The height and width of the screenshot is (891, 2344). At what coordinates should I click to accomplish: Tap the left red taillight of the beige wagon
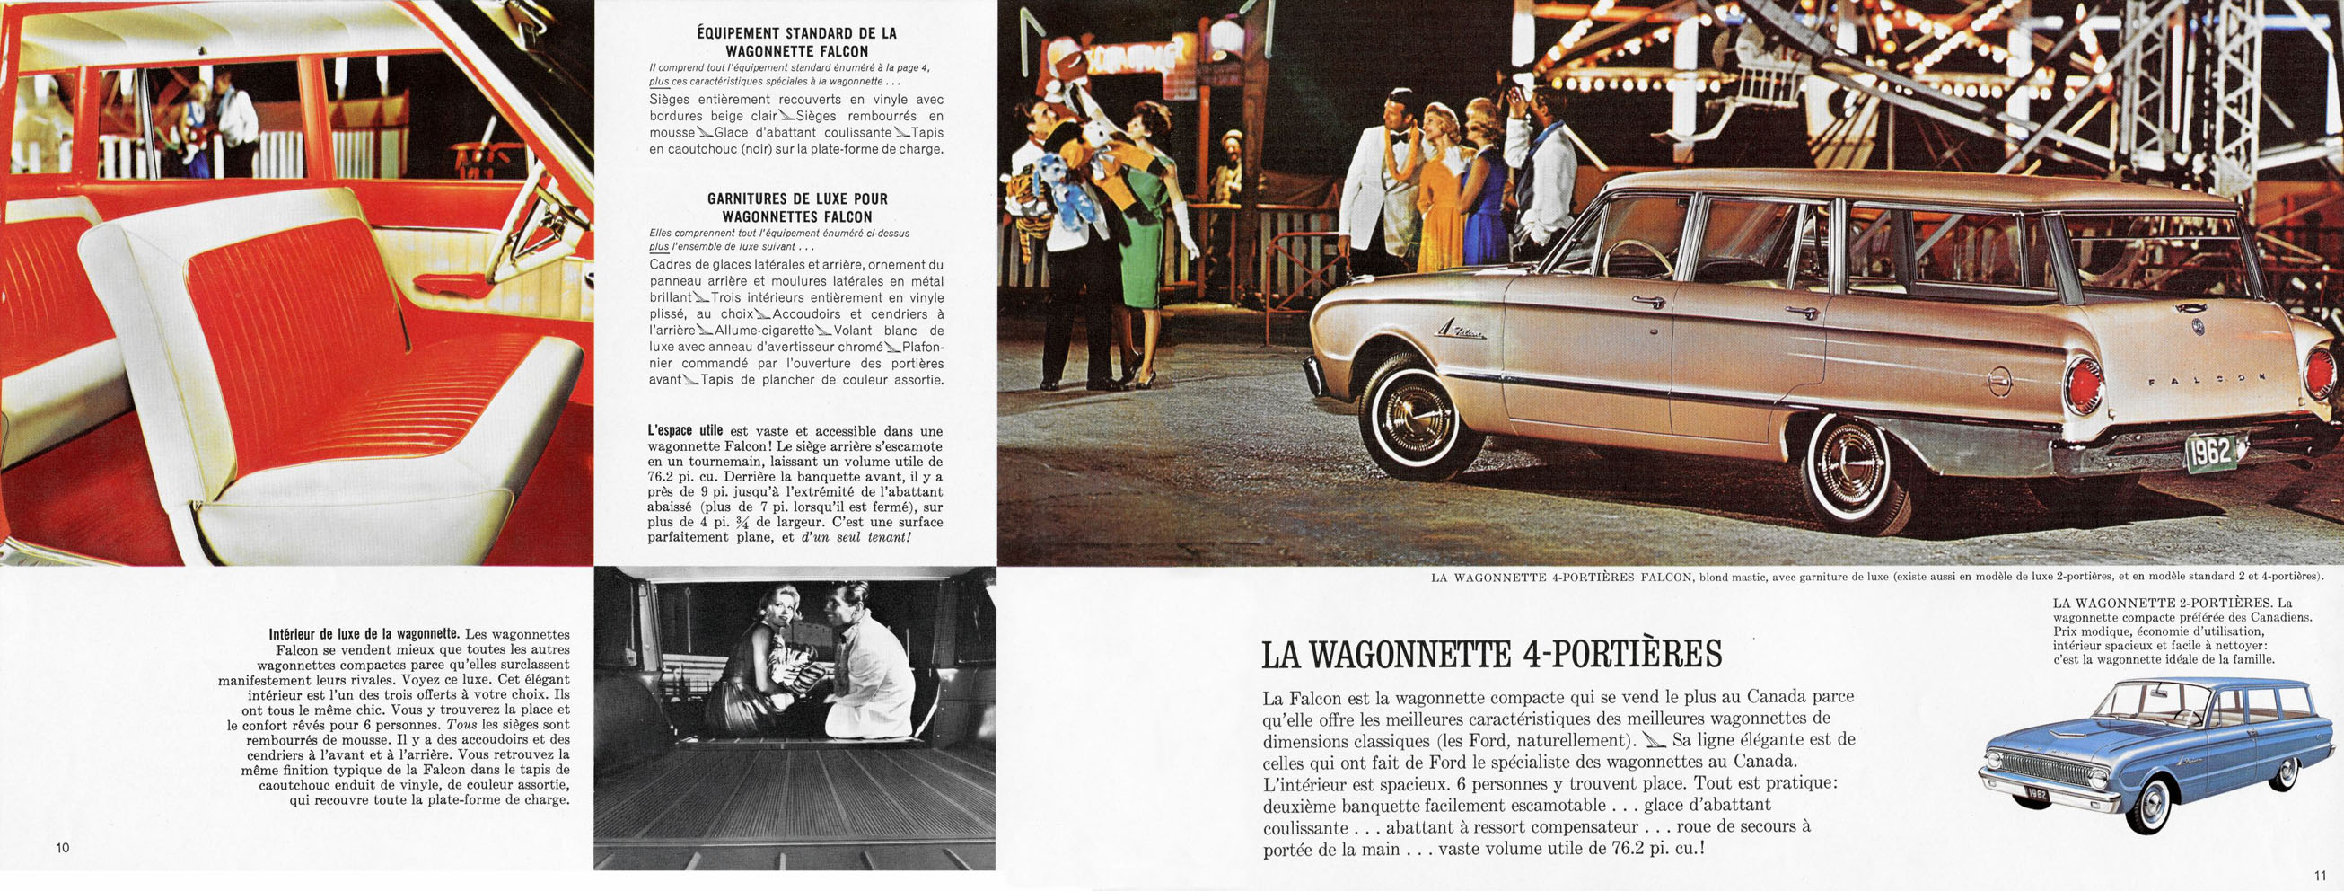click(x=2083, y=385)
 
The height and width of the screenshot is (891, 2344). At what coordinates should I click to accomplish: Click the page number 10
click(x=63, y=848)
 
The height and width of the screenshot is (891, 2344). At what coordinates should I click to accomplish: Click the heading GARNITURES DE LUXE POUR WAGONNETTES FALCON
click(x=797, y=207)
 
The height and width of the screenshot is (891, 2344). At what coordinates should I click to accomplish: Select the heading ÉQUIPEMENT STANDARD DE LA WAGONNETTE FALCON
click(x=797, y=42)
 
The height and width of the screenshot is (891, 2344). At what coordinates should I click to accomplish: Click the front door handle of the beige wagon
click(x=1648, y=300)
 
